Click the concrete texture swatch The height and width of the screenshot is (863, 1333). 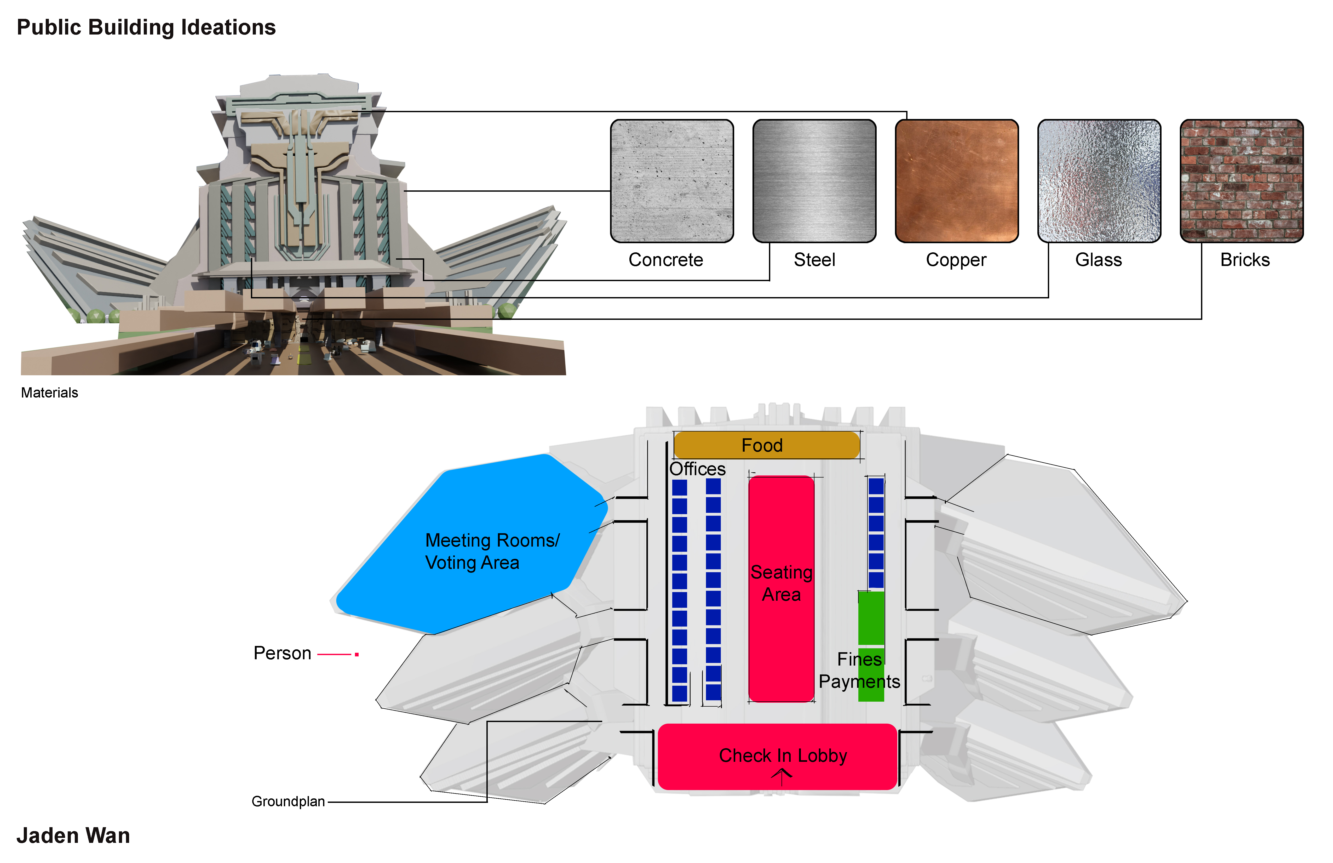click(671, 180)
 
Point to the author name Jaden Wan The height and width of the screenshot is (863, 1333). click(73, 835)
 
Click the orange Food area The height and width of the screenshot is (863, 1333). click(766, 445)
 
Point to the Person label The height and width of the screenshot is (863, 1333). click(282, 653)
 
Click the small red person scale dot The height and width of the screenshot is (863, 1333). click(357, 654)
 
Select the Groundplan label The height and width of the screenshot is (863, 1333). click(288, 801)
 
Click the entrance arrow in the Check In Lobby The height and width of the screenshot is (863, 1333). click(782, 776)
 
